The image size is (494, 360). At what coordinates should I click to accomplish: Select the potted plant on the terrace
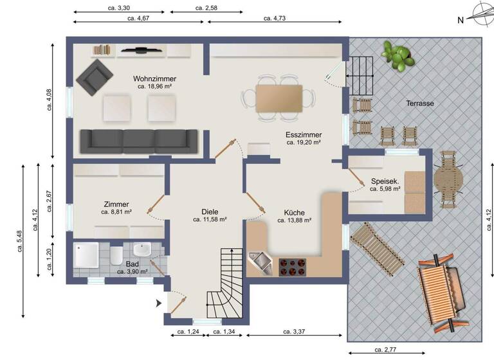point(397,55)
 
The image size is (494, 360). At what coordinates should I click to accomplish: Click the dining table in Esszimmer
point(279,98)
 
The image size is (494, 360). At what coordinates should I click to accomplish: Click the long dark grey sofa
point(138,141)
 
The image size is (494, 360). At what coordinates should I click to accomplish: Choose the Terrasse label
point(419,103)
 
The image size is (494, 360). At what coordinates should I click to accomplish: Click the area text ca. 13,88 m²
point(295,220)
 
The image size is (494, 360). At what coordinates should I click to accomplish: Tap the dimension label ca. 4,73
point(275,19)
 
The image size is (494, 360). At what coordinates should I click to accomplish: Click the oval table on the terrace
point(448,179)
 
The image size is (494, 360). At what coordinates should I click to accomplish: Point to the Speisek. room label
point(386,181)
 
